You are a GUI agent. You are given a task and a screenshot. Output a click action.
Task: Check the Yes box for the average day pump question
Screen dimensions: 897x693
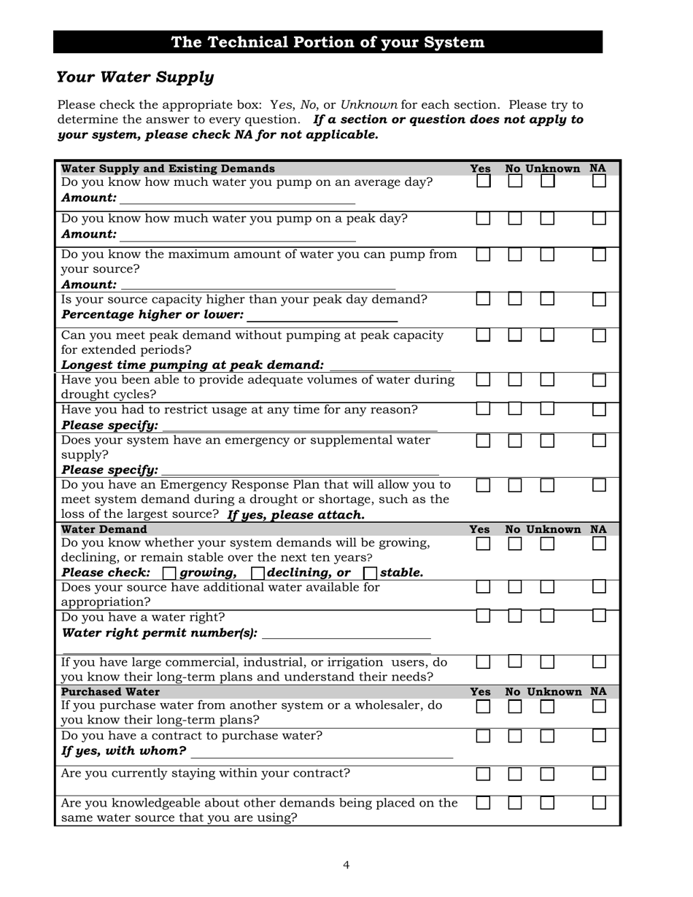click(x=484, y=182)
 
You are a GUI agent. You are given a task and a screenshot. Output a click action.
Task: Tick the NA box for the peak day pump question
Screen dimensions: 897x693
click(x=599, y=218)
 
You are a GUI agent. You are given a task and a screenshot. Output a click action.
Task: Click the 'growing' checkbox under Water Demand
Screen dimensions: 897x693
click(x=169, y=573)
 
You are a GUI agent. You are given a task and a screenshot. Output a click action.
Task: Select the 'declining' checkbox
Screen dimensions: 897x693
click(x=258, y=573)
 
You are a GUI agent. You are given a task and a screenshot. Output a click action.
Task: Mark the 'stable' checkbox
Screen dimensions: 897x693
click(x=370, y=573)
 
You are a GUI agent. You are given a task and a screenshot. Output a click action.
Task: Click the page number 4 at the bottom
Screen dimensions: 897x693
click(x=346, y=866)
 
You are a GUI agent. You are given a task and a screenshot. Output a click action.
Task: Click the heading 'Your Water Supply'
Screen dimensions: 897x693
click(x=135, y=77)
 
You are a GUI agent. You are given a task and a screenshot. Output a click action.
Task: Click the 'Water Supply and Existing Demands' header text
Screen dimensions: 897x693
click(x=168, y=168)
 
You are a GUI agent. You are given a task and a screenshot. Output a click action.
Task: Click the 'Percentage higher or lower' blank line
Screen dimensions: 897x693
click(x=322, y=316)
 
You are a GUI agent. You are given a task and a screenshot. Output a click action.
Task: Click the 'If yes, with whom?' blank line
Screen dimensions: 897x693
click(x=321, y=753)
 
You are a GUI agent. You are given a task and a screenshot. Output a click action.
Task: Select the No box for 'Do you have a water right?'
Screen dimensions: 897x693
click(x=515, y=616)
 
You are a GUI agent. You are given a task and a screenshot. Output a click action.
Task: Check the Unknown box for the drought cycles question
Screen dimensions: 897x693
click(x=547, y=380)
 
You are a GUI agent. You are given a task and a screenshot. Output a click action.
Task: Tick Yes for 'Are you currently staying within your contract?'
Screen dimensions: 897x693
click(x=484, y=774)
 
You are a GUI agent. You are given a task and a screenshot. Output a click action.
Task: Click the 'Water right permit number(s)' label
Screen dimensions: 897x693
click(x=159, y=633)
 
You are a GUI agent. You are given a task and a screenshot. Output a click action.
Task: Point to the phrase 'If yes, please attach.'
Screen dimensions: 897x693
click(x=295, y=515)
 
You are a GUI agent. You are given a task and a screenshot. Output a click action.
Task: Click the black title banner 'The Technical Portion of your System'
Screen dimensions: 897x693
click(x=328, y=42)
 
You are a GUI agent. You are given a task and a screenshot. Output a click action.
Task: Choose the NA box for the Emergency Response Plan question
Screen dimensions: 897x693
click(x=599, y=485)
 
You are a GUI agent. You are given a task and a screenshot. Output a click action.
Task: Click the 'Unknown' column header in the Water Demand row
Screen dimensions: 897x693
click(x=553, y=529)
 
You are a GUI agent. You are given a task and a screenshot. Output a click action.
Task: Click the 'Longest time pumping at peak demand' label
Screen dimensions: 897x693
click(x=193, y=365)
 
